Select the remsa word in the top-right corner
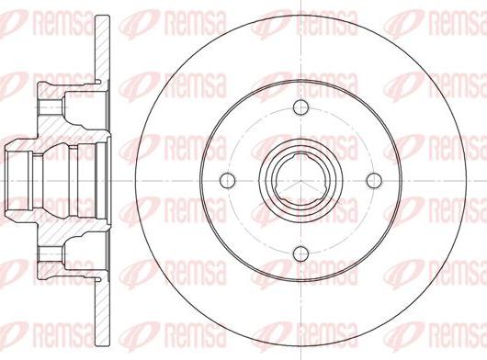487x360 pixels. pos(455,21)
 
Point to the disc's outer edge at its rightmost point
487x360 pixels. pos(469,178)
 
